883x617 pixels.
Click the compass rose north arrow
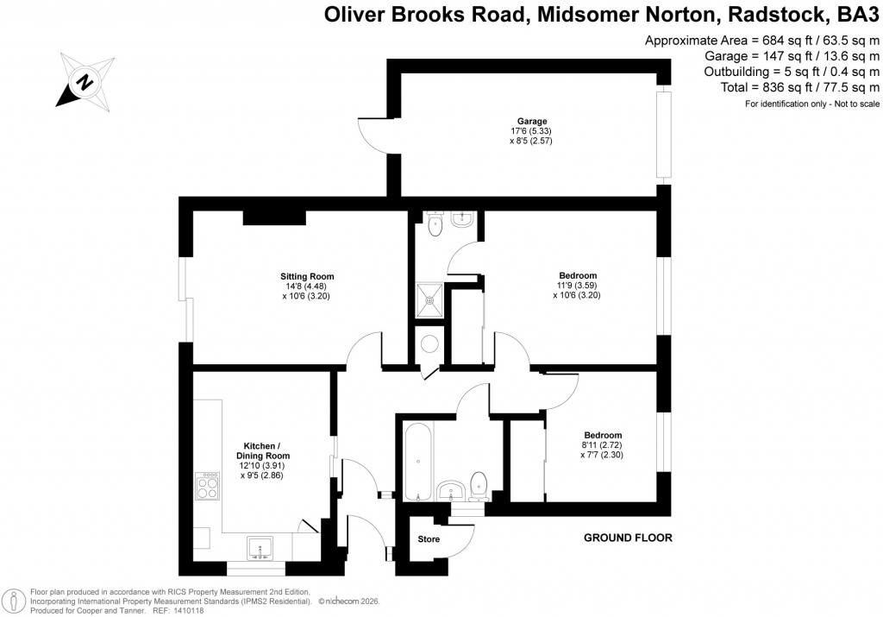(85, 82)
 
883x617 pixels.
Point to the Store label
(429, 539)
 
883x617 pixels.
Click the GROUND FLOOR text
(628, 538)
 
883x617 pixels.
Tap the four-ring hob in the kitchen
(208, 488)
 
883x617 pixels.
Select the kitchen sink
(260, 547)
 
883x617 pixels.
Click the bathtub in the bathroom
(418, 461)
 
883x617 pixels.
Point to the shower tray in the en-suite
(430, 299)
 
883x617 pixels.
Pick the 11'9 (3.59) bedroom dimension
(578, 286)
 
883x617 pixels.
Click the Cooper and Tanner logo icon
(14, 601)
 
